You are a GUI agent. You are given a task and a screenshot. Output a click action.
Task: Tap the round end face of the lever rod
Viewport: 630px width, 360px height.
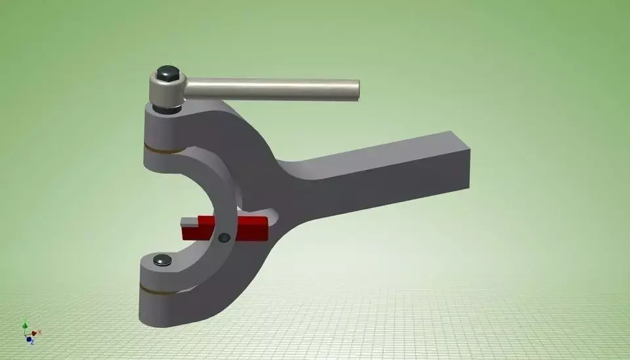coord(356,90)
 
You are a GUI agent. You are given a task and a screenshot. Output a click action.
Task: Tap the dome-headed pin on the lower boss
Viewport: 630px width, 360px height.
coord(162,260)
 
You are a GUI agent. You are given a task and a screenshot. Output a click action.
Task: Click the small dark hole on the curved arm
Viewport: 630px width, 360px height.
coord(225,237)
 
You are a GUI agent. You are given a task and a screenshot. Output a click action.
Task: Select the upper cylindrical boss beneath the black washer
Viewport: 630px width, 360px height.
coord(161,128)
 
